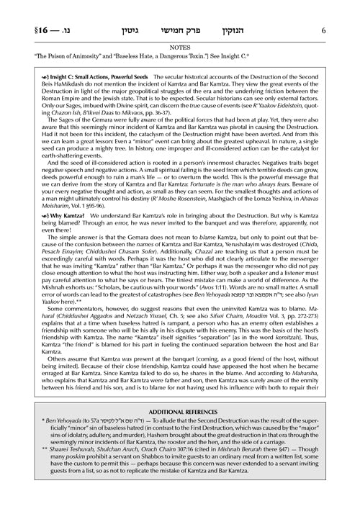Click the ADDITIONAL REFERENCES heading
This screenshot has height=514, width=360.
(x=179, y=426)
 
